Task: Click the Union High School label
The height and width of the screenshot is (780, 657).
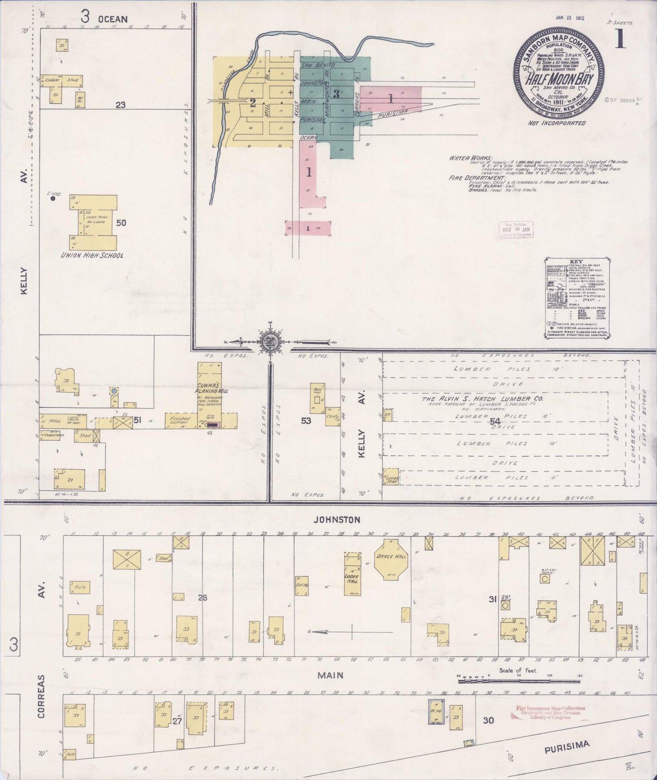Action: pos(92,255)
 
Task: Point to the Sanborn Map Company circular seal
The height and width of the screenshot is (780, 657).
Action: pos(559,73)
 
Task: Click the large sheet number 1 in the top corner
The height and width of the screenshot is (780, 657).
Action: pos(620,38)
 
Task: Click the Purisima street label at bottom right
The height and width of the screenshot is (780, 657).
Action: pos(567,746)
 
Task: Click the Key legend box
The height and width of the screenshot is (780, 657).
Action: pos(577,298)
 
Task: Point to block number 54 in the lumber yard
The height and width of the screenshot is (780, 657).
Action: pos(495,422)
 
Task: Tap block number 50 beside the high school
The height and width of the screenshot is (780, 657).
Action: pos(121,223)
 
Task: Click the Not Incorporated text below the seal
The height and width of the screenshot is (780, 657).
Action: pos(557,123)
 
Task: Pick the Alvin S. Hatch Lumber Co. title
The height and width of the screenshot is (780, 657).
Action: pos(483,399)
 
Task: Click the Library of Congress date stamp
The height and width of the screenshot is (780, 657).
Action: pos(516,230)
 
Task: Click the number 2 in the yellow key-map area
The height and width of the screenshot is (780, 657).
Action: pos(253,102)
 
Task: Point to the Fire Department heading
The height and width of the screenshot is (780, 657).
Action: pos(477,177)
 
